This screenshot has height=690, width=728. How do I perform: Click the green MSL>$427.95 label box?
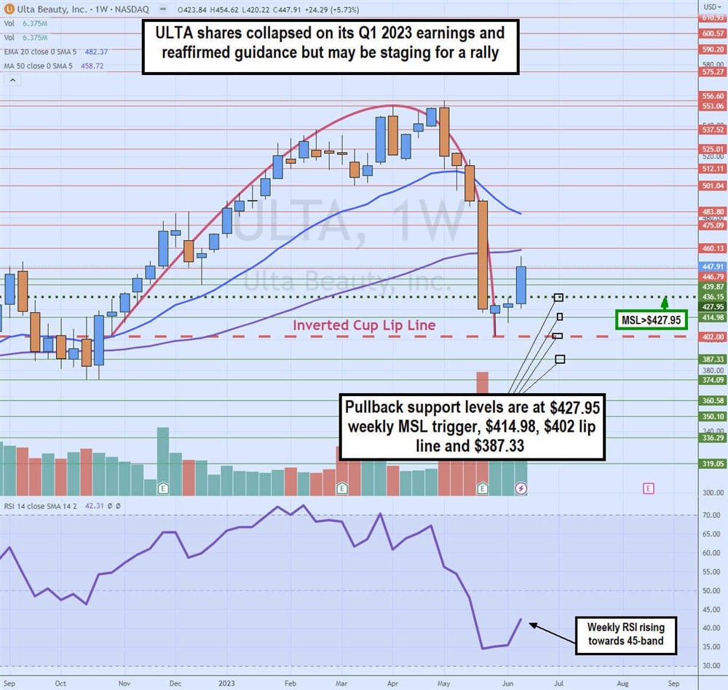tap(652, 320)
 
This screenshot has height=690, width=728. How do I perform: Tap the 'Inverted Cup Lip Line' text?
tap(364, 325)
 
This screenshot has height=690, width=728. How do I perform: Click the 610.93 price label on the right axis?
tap(713, 17)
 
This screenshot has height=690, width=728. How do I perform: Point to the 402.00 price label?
tap(713, 336)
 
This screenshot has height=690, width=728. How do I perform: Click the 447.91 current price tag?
tap(713, 266)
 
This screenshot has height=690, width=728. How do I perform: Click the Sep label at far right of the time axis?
tap(673, 683)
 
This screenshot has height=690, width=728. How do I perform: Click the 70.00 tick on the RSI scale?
tap(712, 515)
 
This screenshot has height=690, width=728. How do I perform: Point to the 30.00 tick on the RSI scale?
tap(712, 666)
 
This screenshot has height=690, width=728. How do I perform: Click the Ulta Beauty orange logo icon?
tap(7, 8)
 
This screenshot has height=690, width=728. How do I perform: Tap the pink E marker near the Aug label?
tap(649, 488)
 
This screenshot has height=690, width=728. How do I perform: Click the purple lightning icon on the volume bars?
tap(521, 488)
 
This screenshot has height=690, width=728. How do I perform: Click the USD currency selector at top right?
tap(713, 5)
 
